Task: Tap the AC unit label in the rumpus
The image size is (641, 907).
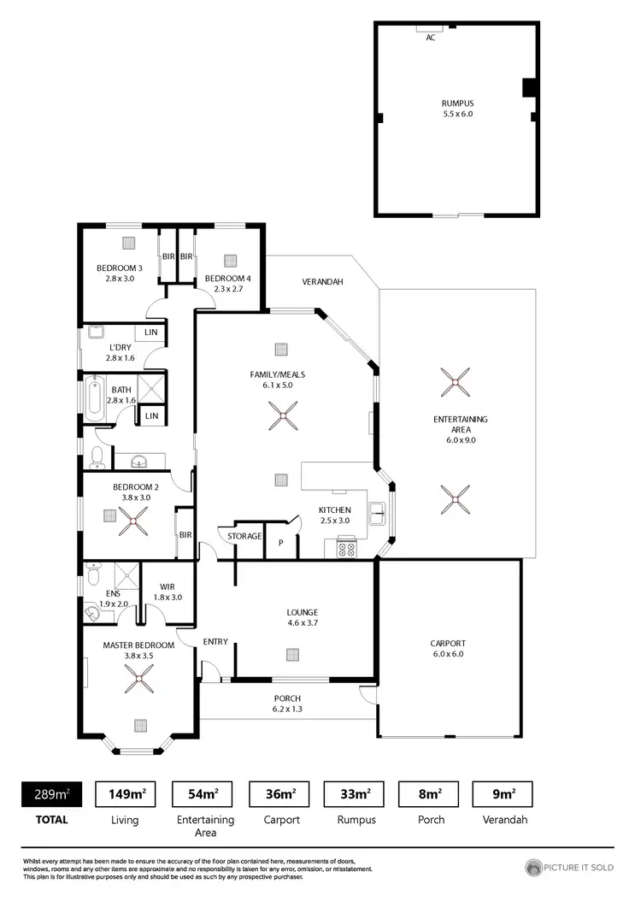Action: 430,38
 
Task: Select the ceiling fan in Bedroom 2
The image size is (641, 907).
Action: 134,521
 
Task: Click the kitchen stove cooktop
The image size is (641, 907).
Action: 346,549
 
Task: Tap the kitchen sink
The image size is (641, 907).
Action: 377,515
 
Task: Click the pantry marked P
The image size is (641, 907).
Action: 281,543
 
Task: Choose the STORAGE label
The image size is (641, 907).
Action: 244,536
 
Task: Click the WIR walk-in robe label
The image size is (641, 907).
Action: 168,586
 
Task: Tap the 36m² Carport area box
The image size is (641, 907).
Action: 281,794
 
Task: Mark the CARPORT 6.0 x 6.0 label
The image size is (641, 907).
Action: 448,649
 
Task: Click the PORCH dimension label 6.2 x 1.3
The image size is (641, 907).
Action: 287,709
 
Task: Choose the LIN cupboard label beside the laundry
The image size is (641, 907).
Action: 151,332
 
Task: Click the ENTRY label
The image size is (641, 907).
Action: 215,641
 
